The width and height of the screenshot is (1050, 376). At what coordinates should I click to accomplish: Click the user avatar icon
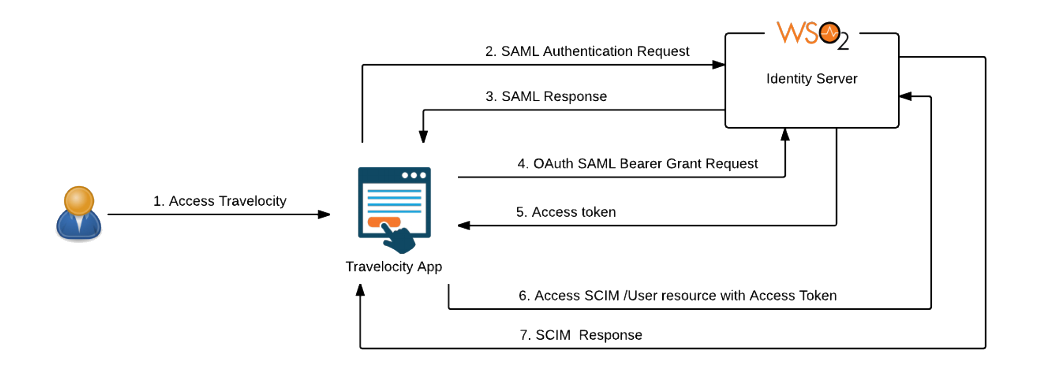point(79,213)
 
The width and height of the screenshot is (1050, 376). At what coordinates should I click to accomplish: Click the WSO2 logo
point(812,35)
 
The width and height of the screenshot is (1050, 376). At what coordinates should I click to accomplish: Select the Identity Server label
point(812,79)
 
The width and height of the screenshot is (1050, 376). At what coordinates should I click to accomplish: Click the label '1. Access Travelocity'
point(220,201)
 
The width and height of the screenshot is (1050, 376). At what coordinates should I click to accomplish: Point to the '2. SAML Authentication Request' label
point(587,51)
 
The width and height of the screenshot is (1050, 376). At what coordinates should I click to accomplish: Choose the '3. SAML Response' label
point(546,96)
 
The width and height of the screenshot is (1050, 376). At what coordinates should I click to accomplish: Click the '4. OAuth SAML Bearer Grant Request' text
point(637,163)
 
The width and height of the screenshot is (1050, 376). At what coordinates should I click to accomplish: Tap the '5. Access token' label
point(566,212)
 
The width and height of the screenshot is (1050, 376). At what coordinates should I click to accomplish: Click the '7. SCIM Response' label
point(581,335)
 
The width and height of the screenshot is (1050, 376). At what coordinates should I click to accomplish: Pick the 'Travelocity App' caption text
point(394,267)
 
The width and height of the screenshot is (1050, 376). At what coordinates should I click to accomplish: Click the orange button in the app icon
point(384,222)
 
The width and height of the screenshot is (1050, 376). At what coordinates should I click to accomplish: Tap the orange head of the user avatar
point(79,200)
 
